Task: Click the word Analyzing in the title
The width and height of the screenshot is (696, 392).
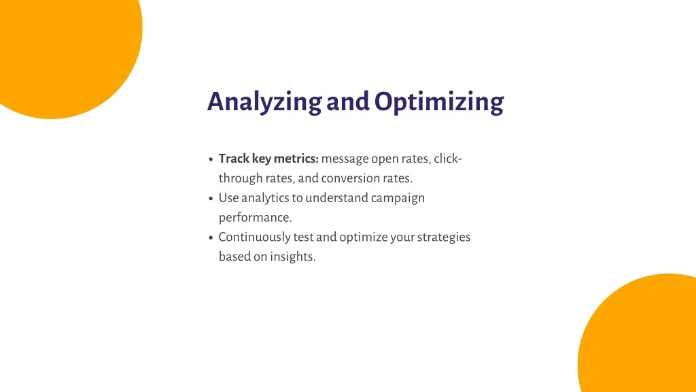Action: coord(264,102)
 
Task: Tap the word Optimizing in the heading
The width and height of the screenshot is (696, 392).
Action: coord(439,102)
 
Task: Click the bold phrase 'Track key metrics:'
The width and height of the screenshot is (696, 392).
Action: coord(268,159)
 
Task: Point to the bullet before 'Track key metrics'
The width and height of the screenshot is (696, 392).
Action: coord(211,159)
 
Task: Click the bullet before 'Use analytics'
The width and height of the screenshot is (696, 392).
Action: coord(211,198)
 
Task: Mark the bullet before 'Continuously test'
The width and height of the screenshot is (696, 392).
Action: coord(211,238)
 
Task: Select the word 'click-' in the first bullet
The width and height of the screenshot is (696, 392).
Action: coord(448,158)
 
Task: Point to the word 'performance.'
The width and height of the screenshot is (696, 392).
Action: coord(256,217)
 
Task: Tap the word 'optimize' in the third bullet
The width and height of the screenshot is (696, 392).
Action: coord(364,237)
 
